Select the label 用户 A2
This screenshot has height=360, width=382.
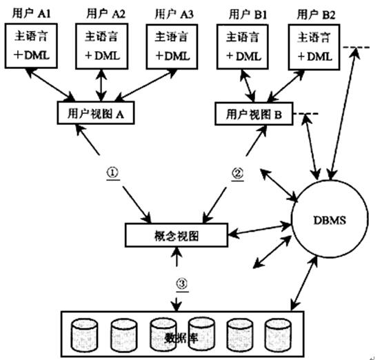tap(104, 13)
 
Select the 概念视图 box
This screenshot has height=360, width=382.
tap(177, 236)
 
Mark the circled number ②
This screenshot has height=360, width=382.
tap(236, 173)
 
